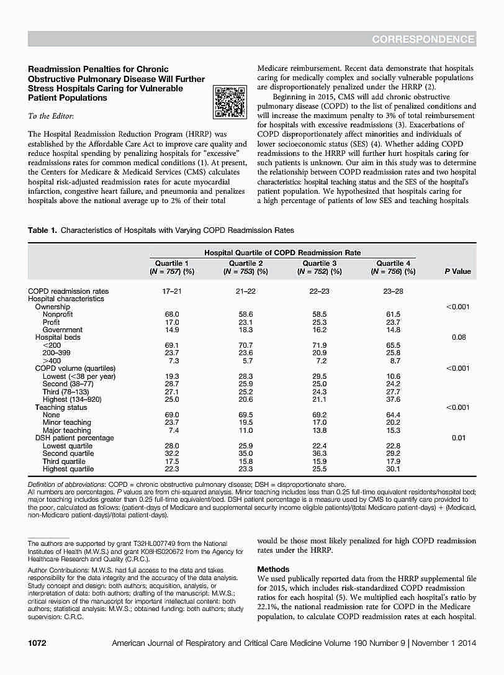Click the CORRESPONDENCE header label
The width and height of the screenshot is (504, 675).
424,40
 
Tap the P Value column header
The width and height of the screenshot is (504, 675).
457,271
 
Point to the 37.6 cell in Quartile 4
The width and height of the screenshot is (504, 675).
394,400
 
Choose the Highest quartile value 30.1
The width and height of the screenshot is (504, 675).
394,469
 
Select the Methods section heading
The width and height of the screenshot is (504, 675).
273,569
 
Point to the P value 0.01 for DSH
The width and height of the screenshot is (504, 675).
459,438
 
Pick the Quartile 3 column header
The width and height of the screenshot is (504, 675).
320,268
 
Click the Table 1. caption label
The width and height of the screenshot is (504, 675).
42,230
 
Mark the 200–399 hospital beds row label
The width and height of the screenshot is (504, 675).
59,353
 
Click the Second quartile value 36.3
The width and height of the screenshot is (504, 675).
320,453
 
